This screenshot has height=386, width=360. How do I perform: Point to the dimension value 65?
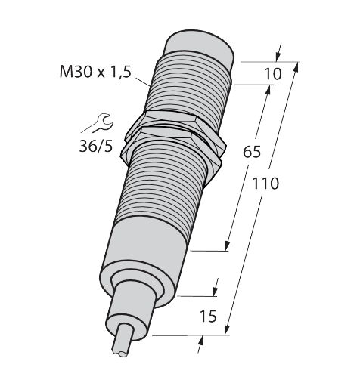252,152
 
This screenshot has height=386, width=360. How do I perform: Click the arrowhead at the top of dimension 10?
278,56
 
